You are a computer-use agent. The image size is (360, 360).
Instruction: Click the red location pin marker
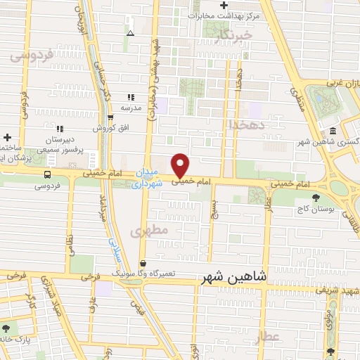click(181, 165)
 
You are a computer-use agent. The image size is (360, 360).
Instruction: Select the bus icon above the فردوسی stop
click(46, 174)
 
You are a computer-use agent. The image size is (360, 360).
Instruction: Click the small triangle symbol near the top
click(129, 33)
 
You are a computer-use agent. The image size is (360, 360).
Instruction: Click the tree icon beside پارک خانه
click(6, 328)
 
